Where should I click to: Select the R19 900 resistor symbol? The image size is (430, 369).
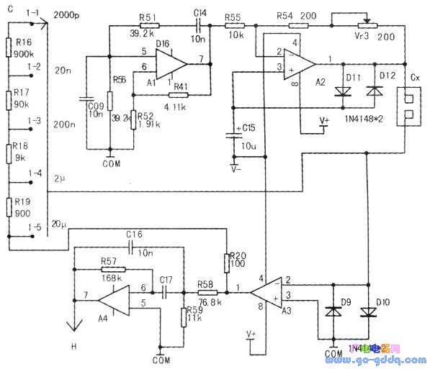(10, 207)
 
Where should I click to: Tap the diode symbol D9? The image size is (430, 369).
(332, 311)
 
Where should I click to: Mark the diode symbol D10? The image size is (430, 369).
(368, 311)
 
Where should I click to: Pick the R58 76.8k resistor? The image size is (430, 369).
(207, 293)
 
